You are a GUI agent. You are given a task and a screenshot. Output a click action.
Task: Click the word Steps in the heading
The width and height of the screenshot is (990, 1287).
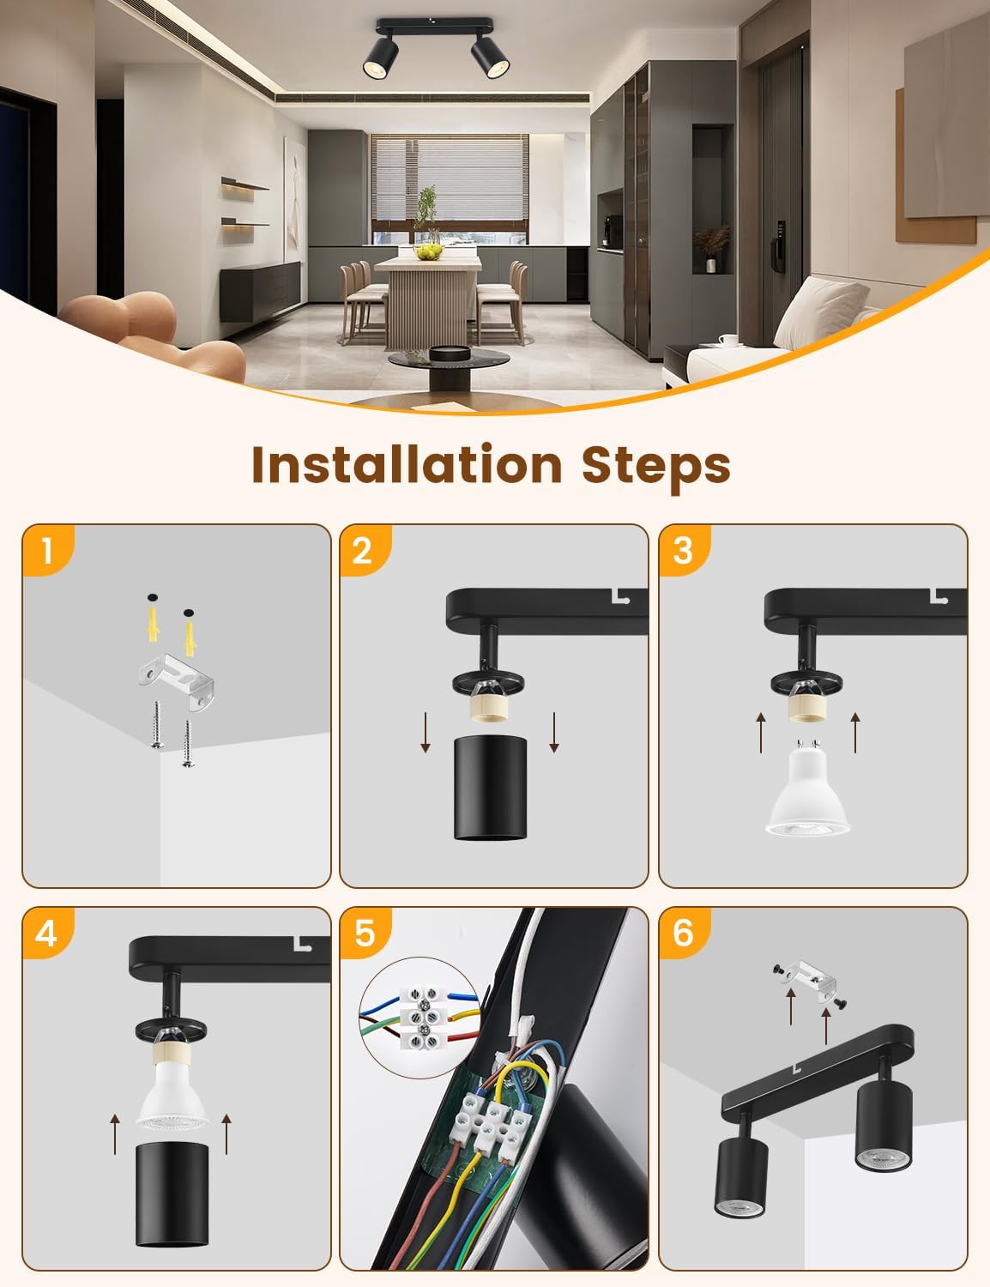point(656,468)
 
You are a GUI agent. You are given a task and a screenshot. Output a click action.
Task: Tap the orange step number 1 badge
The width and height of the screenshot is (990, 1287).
point(48,550)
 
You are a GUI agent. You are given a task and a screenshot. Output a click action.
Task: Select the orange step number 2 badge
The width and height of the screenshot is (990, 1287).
point(365,550)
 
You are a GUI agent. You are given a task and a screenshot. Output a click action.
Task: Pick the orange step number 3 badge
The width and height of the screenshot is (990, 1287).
point(684,550)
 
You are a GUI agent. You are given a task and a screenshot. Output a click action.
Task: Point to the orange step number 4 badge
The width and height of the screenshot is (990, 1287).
point(48,933)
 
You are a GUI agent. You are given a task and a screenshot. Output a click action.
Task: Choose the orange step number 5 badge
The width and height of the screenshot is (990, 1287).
point(365,933)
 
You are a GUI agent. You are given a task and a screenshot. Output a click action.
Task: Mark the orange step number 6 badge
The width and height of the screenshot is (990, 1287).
point(684,933)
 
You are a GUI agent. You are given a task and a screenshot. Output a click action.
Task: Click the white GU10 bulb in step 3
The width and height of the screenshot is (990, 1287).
point(807,787)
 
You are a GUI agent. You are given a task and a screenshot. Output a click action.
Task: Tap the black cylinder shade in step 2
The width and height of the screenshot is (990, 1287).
point(490,788)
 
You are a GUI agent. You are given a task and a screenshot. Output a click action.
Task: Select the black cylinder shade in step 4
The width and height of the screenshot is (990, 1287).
point(172,1195)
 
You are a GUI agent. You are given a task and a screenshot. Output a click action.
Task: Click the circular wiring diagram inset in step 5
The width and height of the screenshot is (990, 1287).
point(420,1018)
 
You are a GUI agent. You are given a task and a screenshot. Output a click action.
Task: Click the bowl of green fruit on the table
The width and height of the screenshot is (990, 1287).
point(429,253)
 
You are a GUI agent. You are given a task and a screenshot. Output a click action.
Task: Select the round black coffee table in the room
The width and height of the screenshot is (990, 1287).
point(449,367)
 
